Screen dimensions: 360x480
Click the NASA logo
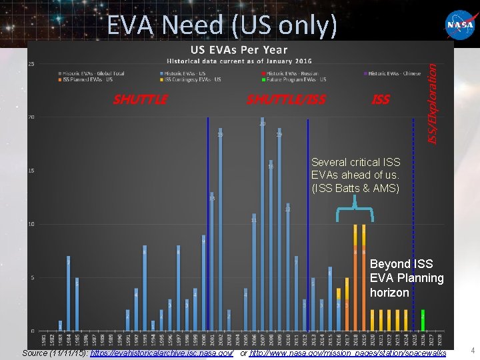461,25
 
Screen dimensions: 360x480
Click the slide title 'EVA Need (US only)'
222,25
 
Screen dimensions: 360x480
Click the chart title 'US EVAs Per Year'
239,49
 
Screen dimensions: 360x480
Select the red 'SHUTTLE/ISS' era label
286,100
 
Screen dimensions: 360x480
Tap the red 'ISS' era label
381,100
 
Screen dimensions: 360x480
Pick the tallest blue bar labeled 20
262,227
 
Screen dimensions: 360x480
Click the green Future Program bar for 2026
423,320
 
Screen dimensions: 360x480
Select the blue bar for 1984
68,293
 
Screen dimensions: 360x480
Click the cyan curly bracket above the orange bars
354,212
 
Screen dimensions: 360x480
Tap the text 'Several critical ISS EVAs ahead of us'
355,175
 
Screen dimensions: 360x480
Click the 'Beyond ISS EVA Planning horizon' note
407,279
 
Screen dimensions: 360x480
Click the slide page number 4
472,351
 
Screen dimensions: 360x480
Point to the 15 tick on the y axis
31,171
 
